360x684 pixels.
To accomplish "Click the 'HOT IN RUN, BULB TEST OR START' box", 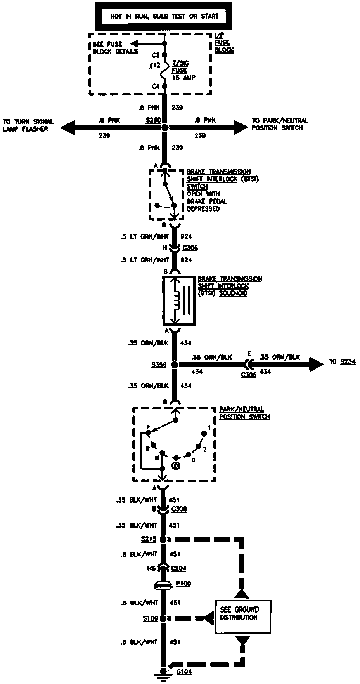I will [x=164, y=16].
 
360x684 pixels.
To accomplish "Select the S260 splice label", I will [x=153, y=121].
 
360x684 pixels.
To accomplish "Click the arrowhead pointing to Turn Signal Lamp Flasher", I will [x=67, y=127].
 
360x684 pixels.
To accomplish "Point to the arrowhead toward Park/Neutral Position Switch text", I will [x=240, y=127].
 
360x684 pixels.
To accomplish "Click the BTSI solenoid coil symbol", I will [x=177, y=301].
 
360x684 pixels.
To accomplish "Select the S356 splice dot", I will [x=175, y=365].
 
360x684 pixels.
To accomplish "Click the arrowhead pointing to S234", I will [x=316, y=364].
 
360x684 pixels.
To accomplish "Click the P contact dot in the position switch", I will [x=148, y=432].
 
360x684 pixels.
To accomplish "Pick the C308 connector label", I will [x=179, y=509].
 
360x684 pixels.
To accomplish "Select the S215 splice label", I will [x=149, y=540].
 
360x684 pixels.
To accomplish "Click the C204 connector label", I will [x=178, y=569].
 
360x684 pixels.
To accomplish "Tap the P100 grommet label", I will [x=183, y=584].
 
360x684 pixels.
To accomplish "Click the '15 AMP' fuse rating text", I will [x=184, y=78].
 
